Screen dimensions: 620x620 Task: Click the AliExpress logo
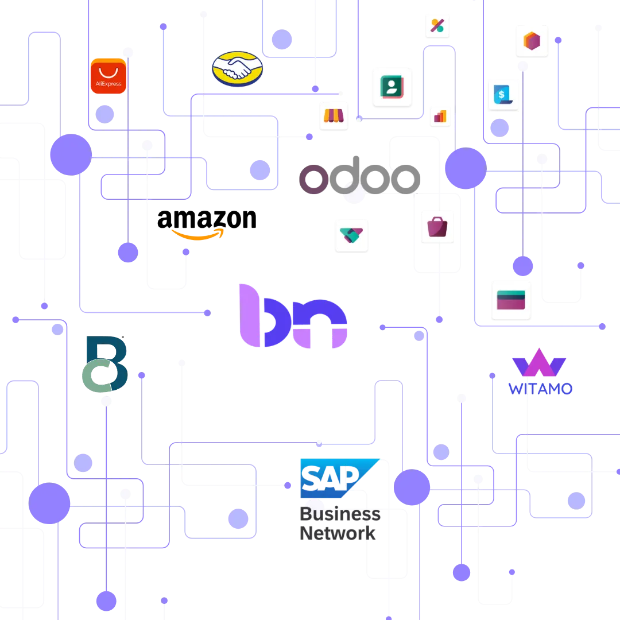tap(108, 75)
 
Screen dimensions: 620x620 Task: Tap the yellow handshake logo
tap(237, 69)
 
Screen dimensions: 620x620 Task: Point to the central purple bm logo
tap(292, 316)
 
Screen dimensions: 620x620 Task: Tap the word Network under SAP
tap(338, 534)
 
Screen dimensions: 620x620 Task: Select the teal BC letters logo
tap(104, 365)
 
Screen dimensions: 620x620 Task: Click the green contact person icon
tap(392, 87)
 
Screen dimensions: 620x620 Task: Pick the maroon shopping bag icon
tap(437, 226)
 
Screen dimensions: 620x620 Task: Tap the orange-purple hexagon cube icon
tap(532, 41)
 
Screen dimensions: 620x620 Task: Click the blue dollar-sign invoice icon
tap(503, 95)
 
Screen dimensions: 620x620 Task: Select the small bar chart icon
tap(441, 116)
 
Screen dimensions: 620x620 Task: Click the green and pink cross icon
tap(437, 25)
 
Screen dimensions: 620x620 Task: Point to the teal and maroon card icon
tap(511, 300)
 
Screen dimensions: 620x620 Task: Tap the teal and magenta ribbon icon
tap(351, 234)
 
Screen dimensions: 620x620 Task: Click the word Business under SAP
tap(340, 514)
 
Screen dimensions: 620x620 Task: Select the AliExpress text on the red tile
tap(108, 84)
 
